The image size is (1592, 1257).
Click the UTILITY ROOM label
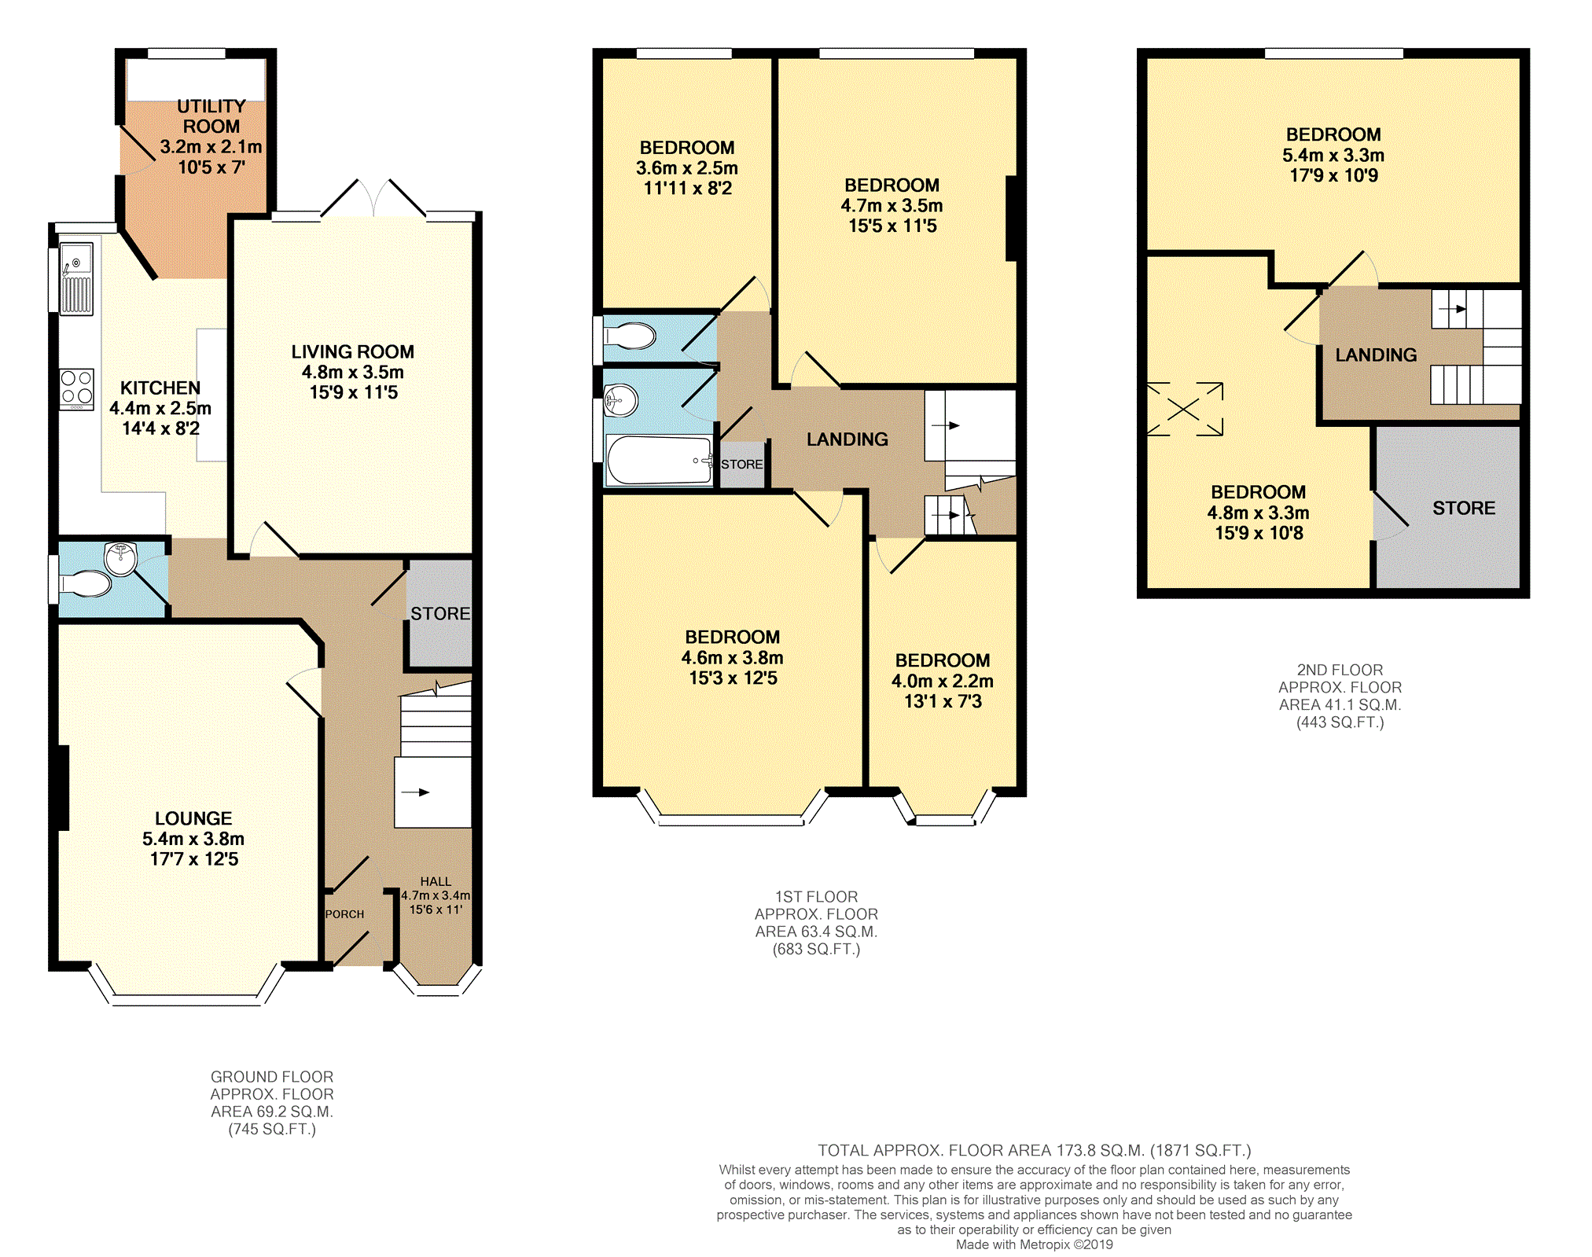pos(211,116)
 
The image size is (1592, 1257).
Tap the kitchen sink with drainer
pos(76,279)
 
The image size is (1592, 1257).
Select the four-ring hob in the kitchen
pos(77,389)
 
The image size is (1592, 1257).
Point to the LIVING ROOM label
pos(353,351)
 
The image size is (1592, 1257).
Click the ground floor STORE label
pos(440,613)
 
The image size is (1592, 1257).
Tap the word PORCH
pos(345,914)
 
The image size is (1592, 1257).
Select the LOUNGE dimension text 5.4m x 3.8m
pos(193,839)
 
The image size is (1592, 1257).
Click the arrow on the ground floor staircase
pos(416,792)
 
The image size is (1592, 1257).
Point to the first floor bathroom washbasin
pos(621,401)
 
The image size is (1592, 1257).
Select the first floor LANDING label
pos(847,439)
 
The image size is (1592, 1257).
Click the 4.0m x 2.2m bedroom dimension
pos(943,681)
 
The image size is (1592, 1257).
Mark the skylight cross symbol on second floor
pos(1185,409)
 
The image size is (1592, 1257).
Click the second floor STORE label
pos(1464,508)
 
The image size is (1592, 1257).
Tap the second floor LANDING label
pos(1377,355)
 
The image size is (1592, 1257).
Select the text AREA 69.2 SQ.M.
pos(272,1112)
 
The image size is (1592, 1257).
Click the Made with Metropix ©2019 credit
pos(1035,1244)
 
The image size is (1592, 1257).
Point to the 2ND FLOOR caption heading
pos(1340,670)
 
